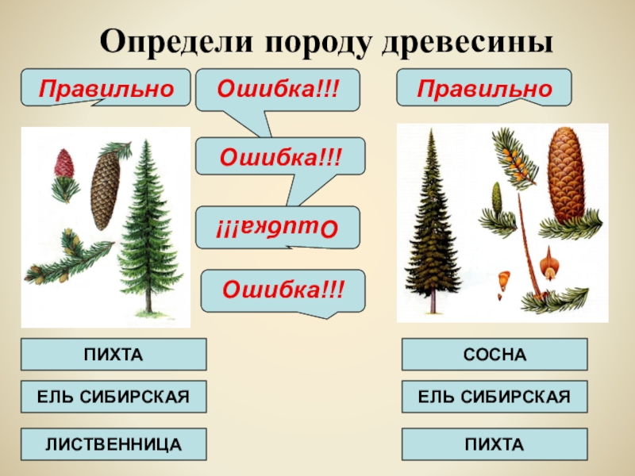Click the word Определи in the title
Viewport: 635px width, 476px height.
click(x=176, y=42)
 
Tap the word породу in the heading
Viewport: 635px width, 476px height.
click(x=318, y=43)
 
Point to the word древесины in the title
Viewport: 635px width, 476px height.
click(x=468, y=42)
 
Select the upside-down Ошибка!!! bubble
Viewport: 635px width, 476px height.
click(x=277, y=227)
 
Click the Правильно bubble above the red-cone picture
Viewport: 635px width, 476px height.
click(x=106, y=87)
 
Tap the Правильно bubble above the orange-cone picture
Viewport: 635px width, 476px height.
click(x=484, y=87)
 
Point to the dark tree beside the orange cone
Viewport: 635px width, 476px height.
click(x=433, y=221)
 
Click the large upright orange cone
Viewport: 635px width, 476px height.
click(x=565, y=175)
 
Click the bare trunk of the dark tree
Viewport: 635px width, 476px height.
click(x=433, y=301)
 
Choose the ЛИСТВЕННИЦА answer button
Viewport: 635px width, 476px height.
click(x=114, y=444)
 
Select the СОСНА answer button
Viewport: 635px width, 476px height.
click(x=495, y=355)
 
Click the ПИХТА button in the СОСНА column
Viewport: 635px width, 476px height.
click(x=495, y=444)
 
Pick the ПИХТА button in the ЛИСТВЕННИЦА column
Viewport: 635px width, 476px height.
click(x=114, y=355)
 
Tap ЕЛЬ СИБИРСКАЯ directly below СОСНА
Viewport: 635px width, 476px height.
click(x=495, y=397)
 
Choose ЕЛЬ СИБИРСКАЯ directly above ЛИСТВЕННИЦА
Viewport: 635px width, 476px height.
click(x=114, y=397)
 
